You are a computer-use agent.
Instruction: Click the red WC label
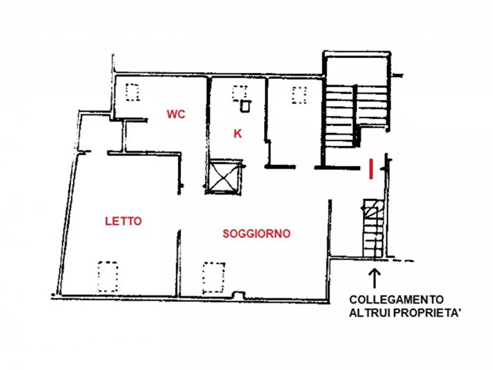click(x=176, y=115)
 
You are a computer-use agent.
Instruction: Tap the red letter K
click(x=237, y=133)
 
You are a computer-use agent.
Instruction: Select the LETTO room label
click(x=123, y=221)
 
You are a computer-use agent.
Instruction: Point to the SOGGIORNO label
click(x=257, y=234)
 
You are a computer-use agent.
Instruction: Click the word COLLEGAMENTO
click(x=396, y=300)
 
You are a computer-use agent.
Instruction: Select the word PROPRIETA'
click(x=423, y=313)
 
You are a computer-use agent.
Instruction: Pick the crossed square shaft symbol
click(x=224, y=176)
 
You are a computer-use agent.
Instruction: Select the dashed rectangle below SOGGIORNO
click(x=214, y=278)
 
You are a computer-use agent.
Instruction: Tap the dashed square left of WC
click(x=133, y=92)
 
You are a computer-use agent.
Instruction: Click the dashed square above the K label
click(x=238, y=92)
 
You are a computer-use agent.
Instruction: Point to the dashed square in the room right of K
click(x=299, y=95)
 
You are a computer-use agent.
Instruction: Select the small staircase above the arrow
click(x=373, y=228)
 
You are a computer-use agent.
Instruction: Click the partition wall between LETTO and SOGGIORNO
click(x=179, y=262)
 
